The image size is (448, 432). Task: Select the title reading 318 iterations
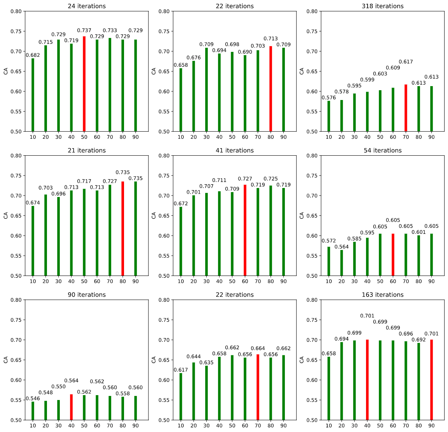383,6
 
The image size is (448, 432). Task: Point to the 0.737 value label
84,30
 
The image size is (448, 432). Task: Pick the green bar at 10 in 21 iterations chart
33,241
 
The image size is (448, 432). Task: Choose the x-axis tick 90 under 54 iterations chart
431,281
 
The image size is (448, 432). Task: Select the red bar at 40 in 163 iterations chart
367,380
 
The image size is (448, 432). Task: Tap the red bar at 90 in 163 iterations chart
431,380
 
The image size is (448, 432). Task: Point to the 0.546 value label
33,399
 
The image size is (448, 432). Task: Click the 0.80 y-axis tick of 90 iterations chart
17,300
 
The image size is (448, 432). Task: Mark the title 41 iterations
235,151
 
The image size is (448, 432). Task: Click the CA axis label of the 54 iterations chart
302,215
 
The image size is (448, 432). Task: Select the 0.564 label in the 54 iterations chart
342,247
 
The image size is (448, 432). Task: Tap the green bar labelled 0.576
329,116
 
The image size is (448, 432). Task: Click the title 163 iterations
383,295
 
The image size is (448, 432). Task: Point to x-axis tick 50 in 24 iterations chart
84,137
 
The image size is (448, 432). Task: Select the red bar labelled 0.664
258,387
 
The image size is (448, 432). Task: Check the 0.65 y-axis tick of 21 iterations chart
17,216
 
